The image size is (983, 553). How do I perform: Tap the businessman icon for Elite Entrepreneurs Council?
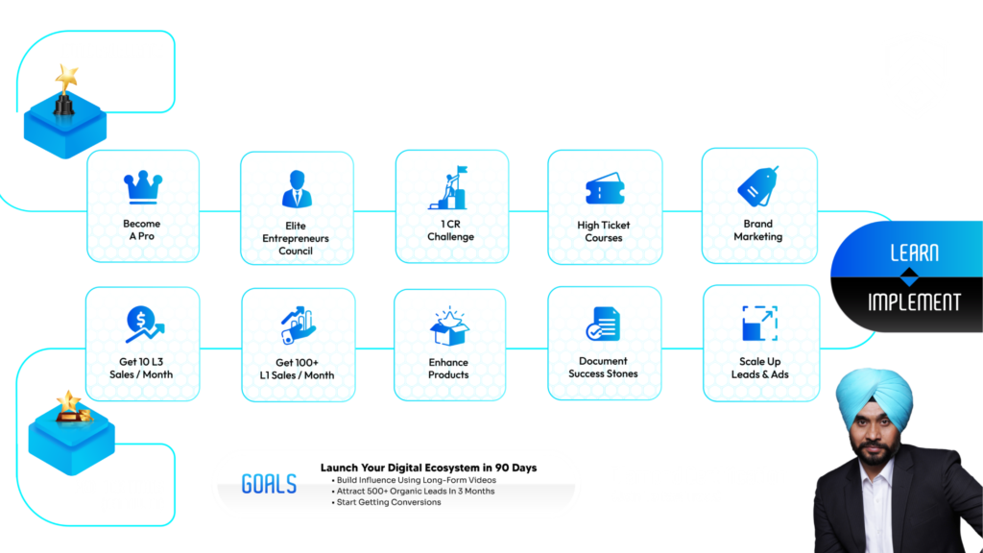tap(297, 188)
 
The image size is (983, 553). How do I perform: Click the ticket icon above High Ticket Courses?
tap(605, 190)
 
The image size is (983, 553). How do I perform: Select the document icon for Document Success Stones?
tap(603, 325)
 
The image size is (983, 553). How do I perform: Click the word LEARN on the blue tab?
tap(913, 253)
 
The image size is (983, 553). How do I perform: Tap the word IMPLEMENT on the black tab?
tap(913, 301)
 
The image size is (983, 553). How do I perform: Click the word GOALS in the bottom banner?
tap(269, 484)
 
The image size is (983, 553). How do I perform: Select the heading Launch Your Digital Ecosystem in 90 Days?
tap(428, 468)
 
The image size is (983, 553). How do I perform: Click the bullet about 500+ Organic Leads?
tap(415, 491)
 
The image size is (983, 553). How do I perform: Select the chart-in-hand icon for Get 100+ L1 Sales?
tap(297, 325)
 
